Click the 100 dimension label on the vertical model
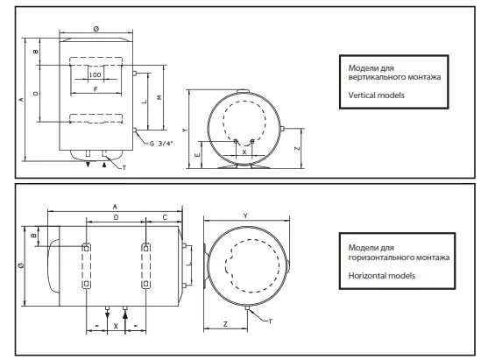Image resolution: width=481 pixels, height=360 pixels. pos(95,75)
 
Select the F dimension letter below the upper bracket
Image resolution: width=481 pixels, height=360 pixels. pos(95,88)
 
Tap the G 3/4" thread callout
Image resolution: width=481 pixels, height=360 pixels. pos(161,143)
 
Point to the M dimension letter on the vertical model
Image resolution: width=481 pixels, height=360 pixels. pos(158,97)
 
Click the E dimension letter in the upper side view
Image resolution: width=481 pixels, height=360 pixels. pos(197,154)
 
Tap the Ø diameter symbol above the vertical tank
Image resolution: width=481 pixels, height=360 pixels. pos(95,30)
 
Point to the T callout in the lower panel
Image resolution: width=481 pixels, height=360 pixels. pos(270,321)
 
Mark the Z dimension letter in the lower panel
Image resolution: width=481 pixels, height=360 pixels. pos(225,324)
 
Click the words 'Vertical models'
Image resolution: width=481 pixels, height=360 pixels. pos(377,94)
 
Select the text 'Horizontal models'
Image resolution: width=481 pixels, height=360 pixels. pos(381,275)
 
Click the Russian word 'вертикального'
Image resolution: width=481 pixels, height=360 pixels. pos(375,77)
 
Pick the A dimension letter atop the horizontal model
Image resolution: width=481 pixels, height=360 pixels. pos(115,205)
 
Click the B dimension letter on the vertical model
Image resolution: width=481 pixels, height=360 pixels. pos(35,52)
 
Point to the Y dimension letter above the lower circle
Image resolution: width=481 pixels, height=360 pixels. pos(246,215)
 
